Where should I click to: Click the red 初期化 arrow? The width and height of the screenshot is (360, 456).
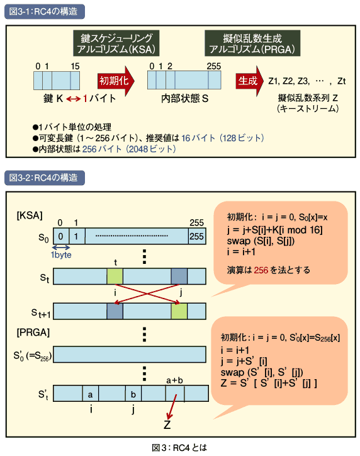[x=116, y=81]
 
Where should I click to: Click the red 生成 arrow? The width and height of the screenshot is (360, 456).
[x=250, y=81]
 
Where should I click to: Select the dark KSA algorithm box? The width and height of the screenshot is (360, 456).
[x=116, y=43]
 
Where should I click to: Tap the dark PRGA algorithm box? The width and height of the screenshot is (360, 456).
[x=252, y=43]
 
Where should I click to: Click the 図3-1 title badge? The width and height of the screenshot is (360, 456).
[x=45, y=11]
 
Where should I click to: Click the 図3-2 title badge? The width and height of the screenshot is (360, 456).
[x=45, y=178]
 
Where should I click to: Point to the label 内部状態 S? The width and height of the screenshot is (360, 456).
[x=185, y=99]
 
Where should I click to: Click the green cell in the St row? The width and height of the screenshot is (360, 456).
[x=115, y=276]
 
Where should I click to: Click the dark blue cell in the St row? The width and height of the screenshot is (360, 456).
[x=179, y=276]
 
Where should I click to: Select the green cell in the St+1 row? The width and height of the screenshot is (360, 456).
[x=179, y=311]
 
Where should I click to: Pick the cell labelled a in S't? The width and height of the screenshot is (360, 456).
[x=91, y=394]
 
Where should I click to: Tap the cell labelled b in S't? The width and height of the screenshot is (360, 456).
[x=133, y=394]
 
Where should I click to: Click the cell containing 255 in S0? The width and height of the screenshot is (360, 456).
[x=197, y=236]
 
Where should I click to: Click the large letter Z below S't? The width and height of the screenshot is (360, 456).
[x=167, y=425]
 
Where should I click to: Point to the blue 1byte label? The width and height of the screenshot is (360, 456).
[x=61, y=255]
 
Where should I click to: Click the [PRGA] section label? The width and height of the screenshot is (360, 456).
[x=33, y=332]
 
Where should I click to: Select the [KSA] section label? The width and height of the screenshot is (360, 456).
[x=30, y=215]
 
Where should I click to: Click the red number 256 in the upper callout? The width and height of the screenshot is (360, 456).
[x=261, y=270]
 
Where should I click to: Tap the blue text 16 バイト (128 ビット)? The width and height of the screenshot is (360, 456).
[x=223, y=138]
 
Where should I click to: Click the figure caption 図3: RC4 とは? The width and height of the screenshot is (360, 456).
[x=179, y=448]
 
